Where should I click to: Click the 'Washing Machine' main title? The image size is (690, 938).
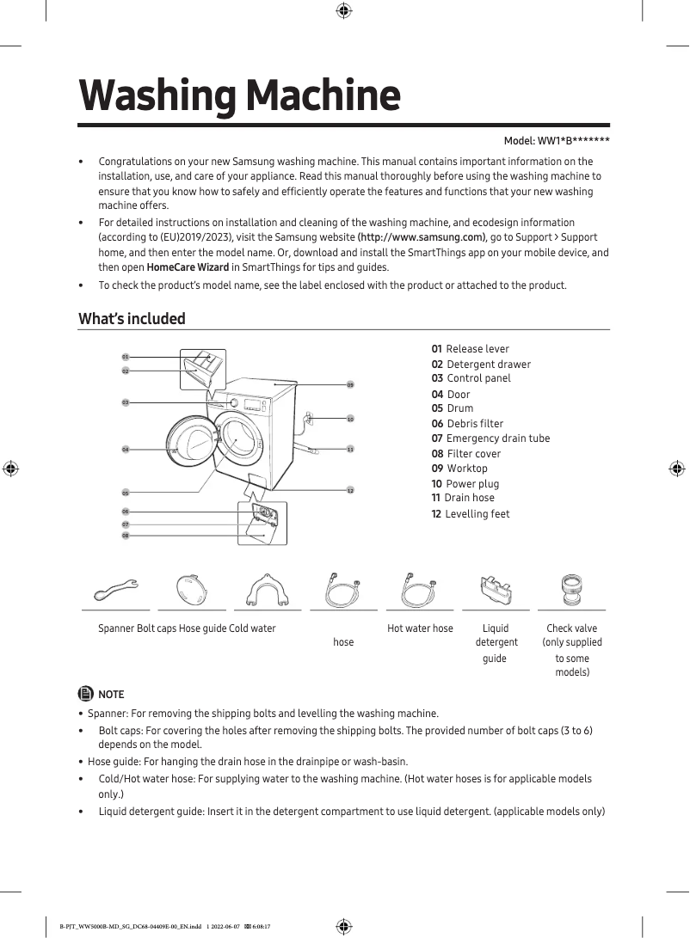click(239, 95)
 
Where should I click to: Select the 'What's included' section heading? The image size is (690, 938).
click(132, 319)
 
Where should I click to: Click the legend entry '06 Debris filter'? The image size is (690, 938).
click(467, 424)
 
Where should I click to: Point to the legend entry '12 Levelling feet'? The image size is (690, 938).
click(471, 514)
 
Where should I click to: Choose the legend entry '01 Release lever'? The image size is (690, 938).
click(470, 349)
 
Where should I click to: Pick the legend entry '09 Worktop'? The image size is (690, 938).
click(459, 469)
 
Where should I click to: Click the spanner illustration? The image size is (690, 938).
click(115, 591)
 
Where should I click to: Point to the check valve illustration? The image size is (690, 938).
click(571, 591)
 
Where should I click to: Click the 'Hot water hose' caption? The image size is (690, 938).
click(420, 628)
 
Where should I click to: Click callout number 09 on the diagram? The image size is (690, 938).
click(350, 384)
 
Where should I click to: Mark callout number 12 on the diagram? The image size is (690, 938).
click(350, 490)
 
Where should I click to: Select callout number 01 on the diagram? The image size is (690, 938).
click(126, 356)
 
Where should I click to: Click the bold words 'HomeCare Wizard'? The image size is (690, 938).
click(188, 267)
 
